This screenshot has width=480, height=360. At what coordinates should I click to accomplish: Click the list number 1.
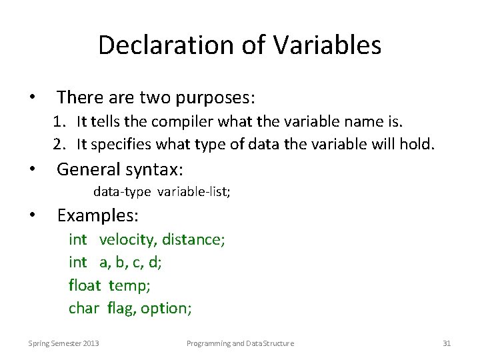59,123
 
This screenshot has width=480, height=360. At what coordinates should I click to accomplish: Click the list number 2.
59,143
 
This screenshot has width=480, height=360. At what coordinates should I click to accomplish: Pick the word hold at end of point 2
420,143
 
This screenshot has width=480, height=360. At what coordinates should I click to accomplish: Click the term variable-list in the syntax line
194,193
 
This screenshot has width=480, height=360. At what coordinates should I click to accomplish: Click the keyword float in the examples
84,285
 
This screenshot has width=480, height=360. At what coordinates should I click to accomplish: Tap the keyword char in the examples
83,308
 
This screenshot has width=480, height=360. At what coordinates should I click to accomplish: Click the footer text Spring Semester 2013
64,343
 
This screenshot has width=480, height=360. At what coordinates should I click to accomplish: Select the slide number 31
447,343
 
